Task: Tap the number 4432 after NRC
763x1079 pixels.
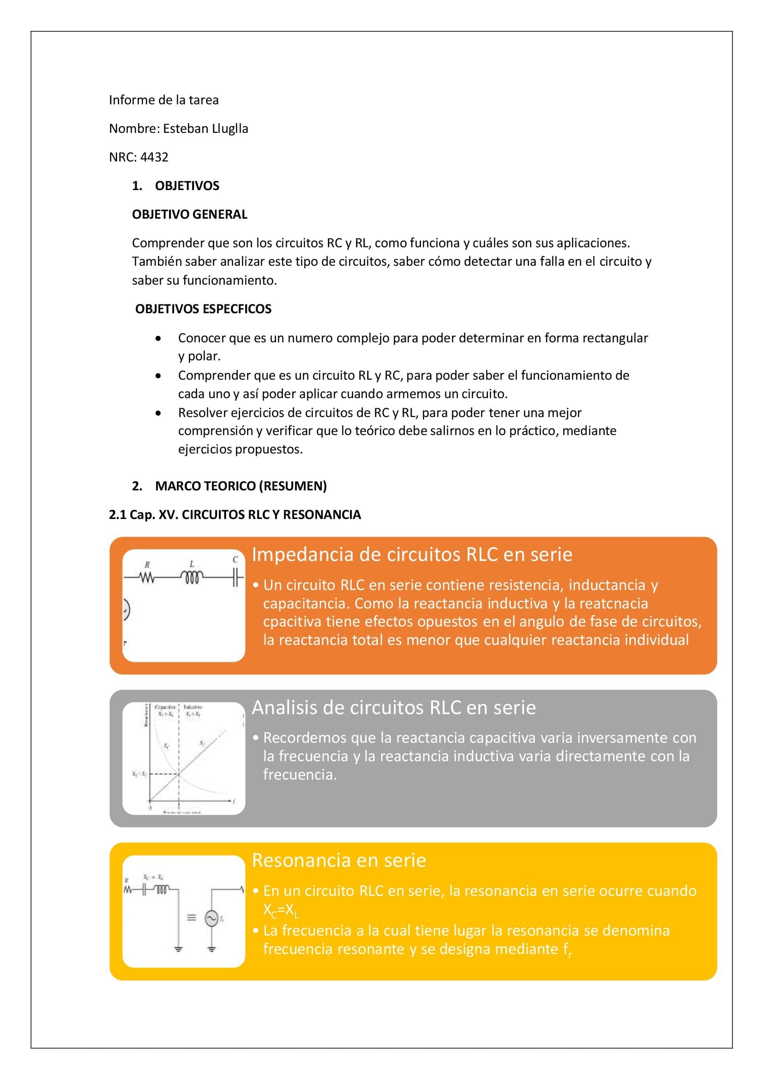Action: tap(154, 157)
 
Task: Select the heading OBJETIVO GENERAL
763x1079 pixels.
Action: tap(189, 215)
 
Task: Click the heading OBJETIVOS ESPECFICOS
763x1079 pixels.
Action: tap(203, 309)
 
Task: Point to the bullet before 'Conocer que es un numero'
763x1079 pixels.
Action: tap(159, 338)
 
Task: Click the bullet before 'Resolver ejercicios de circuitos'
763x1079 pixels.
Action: tap(159, 413)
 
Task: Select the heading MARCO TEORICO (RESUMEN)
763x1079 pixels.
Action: tap(240, 486)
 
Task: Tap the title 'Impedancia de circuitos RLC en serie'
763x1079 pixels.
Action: tap(412, 554)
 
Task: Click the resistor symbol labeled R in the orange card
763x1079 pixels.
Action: tap(147, 578)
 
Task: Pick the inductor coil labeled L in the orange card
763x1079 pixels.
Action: tap(192, 577)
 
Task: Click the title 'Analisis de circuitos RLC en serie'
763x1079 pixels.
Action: tap(393, 707)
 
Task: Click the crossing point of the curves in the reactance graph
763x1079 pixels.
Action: tap(179, 774)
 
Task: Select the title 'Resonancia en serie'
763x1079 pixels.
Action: tap(339, 860)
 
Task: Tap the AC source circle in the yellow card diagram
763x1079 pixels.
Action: tap(211, 918)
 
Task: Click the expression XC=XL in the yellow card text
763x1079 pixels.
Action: tap(281, 910)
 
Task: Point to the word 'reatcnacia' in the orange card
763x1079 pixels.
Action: tap(613, 603)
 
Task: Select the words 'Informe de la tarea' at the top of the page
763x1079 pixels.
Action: tap(163, 100)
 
